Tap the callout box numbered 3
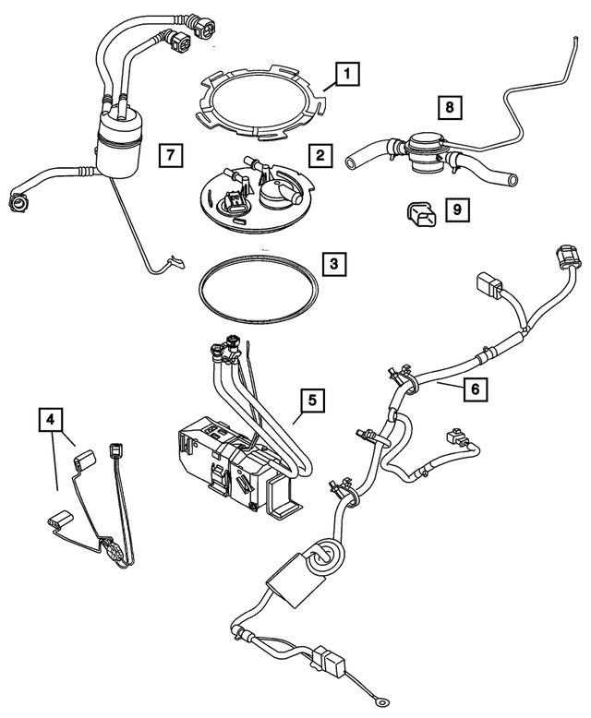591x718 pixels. [x=335, y=265]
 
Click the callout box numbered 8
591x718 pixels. [x=449, y=109]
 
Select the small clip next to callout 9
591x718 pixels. [x=421, y=216]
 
